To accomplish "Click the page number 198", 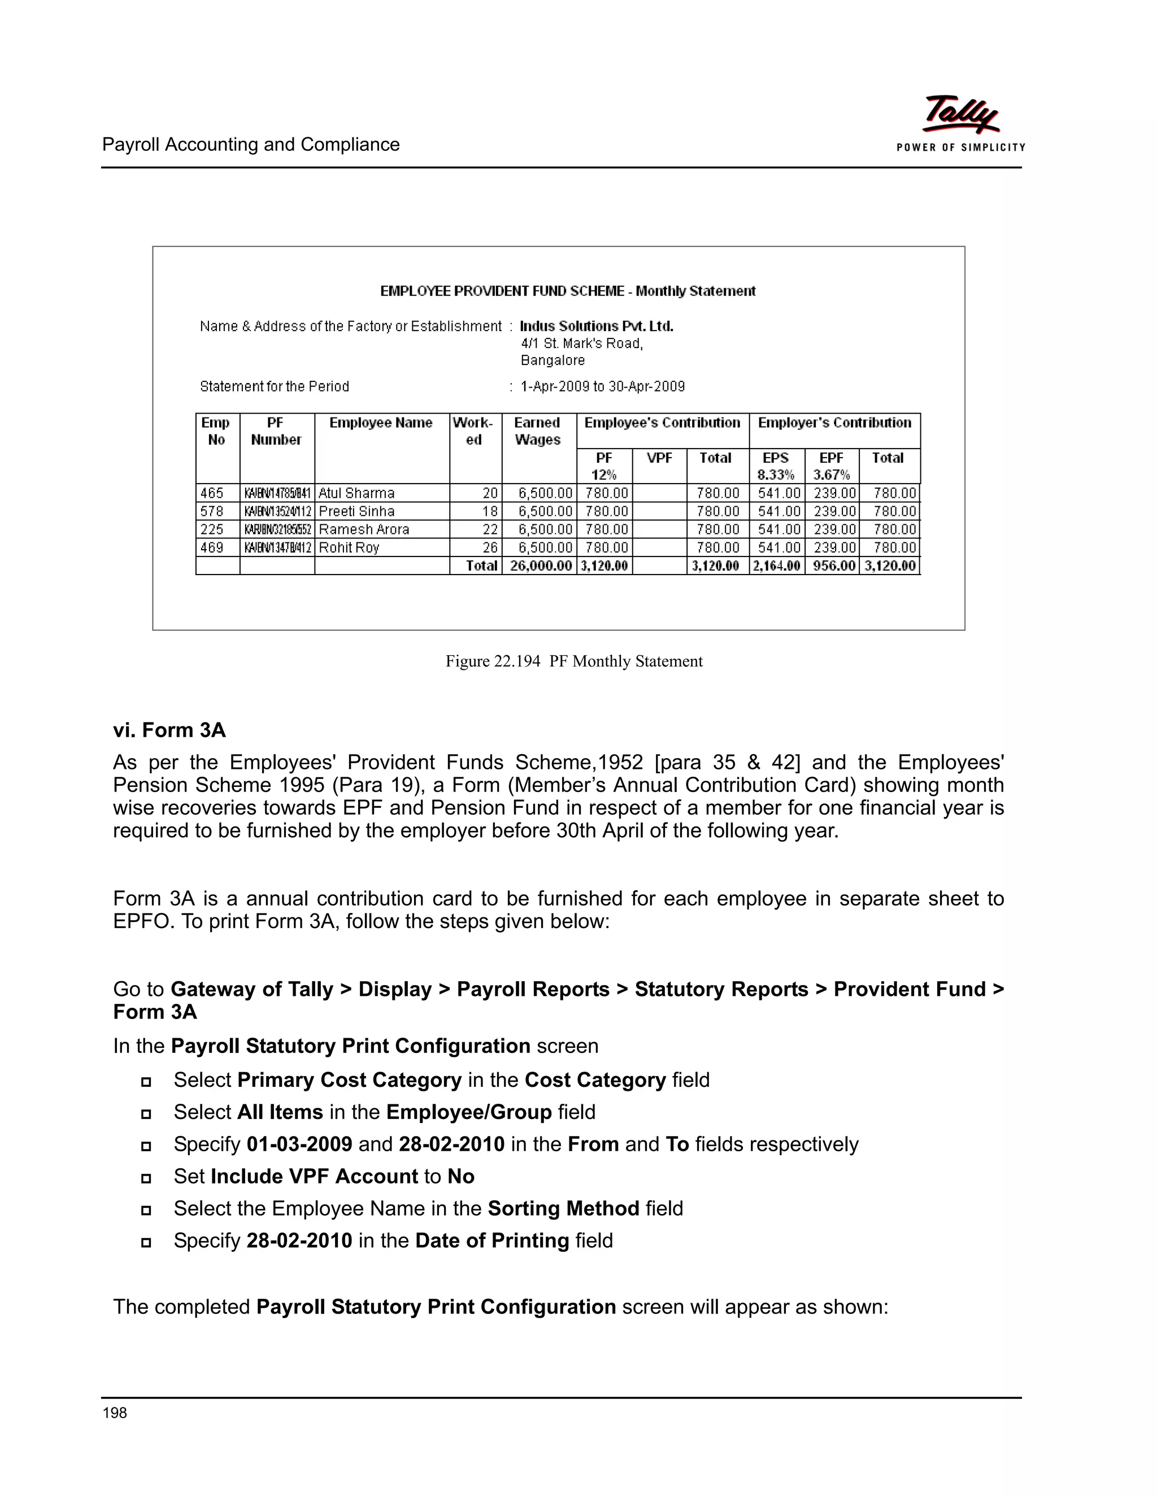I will tap(115, 1413).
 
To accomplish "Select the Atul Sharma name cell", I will tap(356, 494).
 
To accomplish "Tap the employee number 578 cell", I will tap(212, 511).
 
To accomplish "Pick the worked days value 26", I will tap(489, 547).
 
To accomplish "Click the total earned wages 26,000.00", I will tap(541, 565).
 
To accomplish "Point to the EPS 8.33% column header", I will tap(776, 466).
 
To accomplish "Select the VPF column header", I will tap(659, 458).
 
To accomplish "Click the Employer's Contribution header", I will tap(834, 423).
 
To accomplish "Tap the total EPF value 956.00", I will tap(833, 565).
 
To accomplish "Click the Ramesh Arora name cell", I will tap(364, 530).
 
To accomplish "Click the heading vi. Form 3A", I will tap(169, 730).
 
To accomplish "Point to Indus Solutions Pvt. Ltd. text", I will tap(597, 327).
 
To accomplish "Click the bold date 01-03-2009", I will tap(299, 1144).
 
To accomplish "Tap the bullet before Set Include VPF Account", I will tap(146, 1178).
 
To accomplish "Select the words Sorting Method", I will tap(563, 1208).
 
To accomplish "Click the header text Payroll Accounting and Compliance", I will tap(251, 145).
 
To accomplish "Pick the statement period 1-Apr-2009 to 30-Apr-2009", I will tap(602, 386).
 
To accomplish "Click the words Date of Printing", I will tap(491, 1241).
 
